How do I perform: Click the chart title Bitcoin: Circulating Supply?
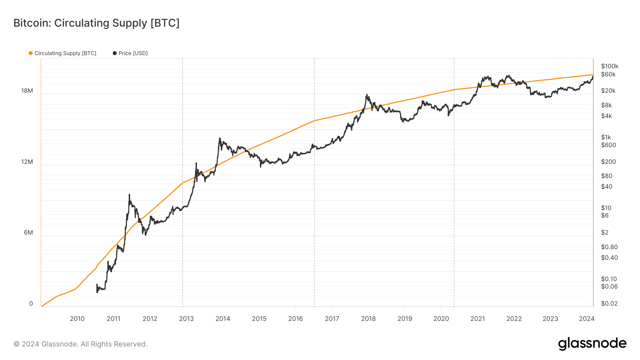96,23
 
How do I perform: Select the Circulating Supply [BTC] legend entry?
63,53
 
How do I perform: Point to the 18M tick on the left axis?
27,91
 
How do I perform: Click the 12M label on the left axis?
27,162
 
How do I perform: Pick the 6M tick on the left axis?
28,232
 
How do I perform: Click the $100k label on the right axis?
609,66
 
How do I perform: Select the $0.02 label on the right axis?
609,303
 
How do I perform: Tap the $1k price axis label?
606,137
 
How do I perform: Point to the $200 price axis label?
608,162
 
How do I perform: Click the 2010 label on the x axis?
77,319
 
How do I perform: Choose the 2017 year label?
332,319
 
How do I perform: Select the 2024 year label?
586,319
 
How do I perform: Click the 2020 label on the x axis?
441,319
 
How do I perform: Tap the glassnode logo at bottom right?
592,344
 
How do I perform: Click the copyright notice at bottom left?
80,344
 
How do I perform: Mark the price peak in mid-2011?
129,195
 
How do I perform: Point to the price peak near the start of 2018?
367,95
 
